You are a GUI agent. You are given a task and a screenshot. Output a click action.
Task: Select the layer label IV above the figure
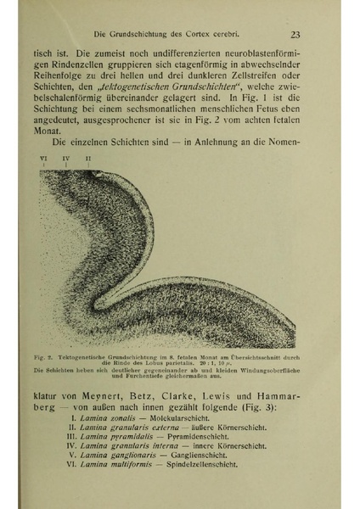coord(66,158)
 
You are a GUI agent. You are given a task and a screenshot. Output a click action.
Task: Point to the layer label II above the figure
coord(88,158)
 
